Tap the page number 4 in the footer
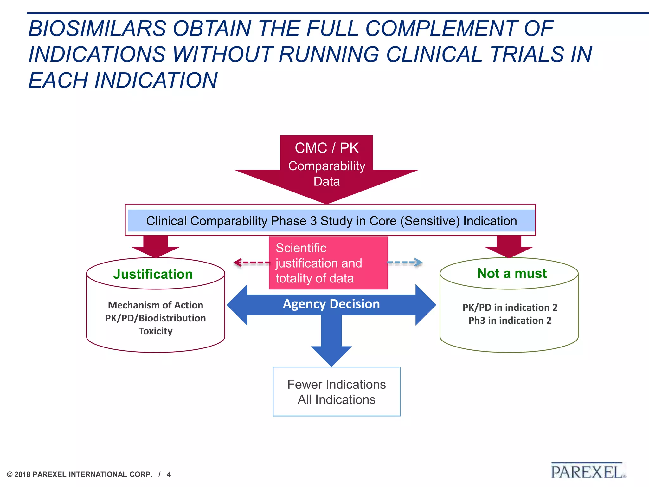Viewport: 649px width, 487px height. click(169, 474)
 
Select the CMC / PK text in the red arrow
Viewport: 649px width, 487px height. click(326, 148)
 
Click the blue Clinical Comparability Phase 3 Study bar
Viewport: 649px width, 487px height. click(331, 221)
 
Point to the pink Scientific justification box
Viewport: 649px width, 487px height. click(328, 263)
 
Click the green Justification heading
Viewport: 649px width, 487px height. click(153, 274)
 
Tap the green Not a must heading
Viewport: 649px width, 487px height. click(512, 273)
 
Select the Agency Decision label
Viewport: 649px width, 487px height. click(331, 304)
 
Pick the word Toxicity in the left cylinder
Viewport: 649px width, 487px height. click(156, 331)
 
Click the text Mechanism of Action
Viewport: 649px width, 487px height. click(156, 305)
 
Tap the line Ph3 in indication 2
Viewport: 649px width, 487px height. click(510, 321)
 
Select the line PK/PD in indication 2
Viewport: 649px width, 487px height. click(510, 307)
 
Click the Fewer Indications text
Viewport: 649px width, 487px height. click(337, 384)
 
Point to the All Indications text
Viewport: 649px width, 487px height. click(337, 399)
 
